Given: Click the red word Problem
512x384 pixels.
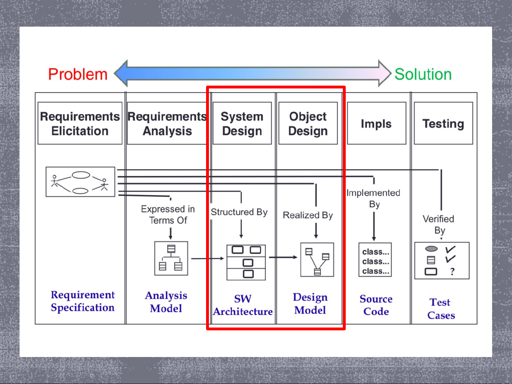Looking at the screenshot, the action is coord(78,74).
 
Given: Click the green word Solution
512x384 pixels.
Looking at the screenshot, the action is coord(423,74).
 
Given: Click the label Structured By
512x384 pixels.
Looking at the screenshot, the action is coord(239,212).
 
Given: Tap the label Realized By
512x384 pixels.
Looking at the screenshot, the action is coord(308,215).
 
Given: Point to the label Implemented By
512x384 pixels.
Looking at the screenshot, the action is coord(373,199).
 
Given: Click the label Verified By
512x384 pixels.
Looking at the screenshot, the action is coord(438,225).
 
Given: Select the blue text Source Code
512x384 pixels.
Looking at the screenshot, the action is coord(376,305).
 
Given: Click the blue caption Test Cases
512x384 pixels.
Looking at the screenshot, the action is coord(441,309).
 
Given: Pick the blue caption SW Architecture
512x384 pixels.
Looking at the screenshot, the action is coord(243,305).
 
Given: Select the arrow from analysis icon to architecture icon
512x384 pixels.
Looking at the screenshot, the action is coord(208,258).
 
